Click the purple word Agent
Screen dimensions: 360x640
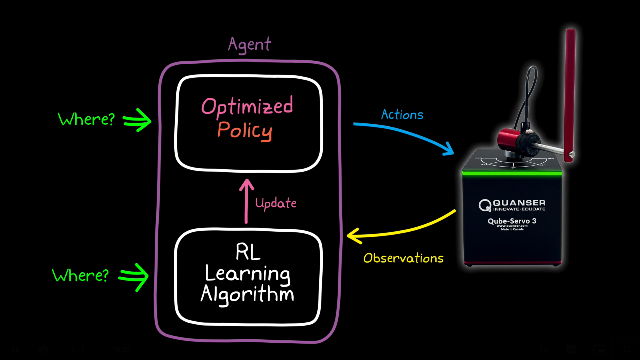(249, 45)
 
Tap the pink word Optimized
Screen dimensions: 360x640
(247, 106)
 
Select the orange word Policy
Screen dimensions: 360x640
(245, 131)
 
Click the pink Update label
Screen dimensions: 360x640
(276, 203)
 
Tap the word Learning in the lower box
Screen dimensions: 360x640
(247, 274)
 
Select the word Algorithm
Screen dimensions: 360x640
(247, 294)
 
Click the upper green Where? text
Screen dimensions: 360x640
(86, 119)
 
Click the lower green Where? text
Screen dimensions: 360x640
(81, 275)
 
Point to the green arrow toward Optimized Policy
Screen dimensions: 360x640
(137, 120)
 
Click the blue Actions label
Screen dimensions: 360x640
(402, 115)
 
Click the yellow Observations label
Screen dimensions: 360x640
(403, 258)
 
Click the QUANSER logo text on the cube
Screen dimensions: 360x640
(518, 203)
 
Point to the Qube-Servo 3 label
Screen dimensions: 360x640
(512, 221)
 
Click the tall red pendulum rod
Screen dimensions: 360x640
(570, 93)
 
